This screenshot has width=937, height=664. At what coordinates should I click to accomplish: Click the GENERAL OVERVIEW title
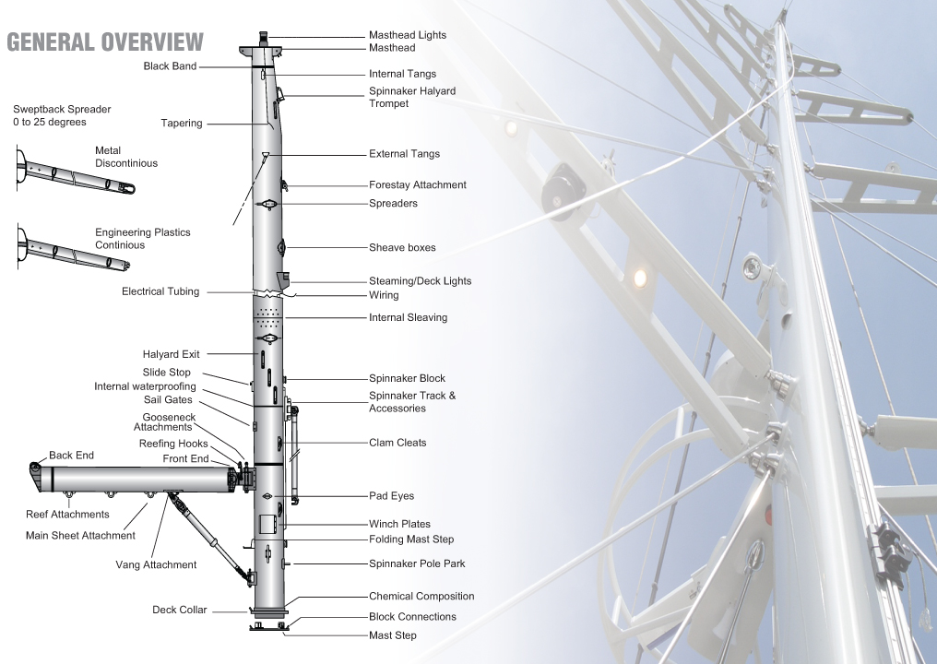105,42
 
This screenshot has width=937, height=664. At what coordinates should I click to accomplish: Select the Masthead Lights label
408,35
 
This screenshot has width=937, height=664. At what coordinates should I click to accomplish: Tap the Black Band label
170,66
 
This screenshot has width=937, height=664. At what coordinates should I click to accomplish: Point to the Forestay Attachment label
418,185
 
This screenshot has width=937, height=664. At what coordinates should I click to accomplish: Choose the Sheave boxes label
402,247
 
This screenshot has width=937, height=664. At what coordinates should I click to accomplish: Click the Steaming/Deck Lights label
421,281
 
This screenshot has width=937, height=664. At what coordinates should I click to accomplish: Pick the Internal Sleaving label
409,318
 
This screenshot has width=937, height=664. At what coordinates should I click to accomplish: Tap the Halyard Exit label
171,354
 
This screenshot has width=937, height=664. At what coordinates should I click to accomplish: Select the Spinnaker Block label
407,378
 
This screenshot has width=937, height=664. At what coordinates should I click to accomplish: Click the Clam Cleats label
397,443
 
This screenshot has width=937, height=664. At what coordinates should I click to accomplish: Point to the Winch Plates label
399,524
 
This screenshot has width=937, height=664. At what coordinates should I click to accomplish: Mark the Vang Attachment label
156,564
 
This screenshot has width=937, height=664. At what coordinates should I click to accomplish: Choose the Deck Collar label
179,611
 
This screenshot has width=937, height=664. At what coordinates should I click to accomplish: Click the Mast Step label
393,635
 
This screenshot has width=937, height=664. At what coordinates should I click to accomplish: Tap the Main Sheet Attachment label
80,536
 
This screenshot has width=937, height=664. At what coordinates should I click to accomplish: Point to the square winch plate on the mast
266,524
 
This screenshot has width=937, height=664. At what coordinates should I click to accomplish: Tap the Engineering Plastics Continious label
143,239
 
